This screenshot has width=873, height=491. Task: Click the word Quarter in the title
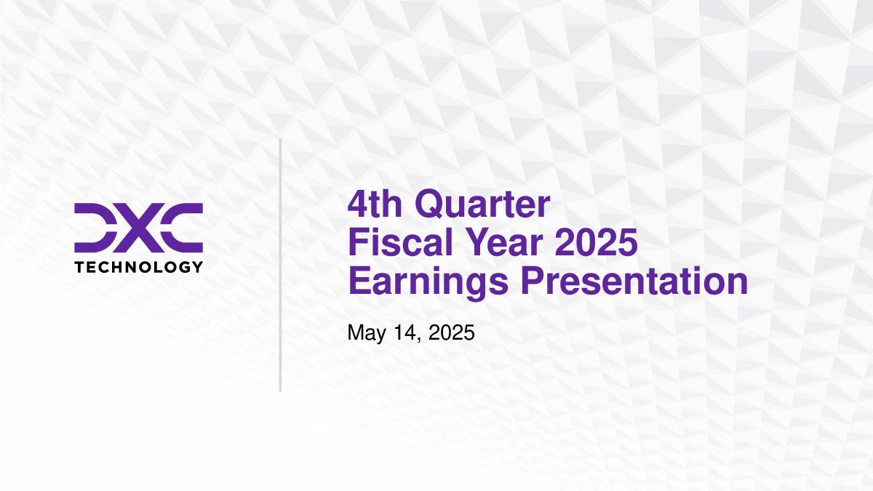482,204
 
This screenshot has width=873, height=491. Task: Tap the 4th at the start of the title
375,204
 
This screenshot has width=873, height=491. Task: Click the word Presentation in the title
634,281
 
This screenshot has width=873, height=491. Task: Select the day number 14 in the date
405,332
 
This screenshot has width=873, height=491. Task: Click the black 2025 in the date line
451,332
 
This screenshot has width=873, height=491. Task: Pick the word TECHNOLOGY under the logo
139,267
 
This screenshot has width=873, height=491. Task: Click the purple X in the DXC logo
138,228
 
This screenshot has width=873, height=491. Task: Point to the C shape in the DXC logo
183,228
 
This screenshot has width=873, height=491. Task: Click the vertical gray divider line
280,265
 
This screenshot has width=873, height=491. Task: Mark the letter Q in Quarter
428,204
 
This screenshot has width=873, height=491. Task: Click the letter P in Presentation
533,281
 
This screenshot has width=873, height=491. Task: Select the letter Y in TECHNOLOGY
197,267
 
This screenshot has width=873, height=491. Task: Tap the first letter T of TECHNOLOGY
79,267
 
